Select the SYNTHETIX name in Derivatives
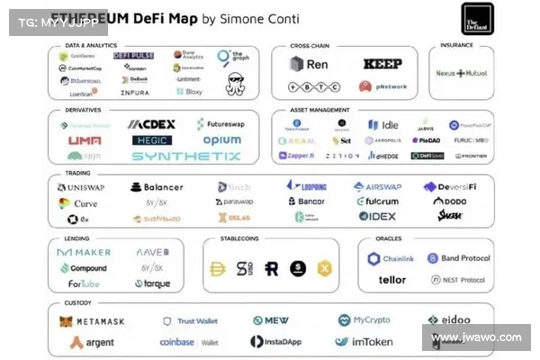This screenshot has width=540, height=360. tap(186, 156)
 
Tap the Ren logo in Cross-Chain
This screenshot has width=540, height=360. tap(309, 64)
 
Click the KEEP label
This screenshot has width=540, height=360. tap(382, 64)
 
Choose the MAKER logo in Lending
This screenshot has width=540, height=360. tap(84, 253)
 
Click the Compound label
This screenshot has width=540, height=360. tap(88, 268)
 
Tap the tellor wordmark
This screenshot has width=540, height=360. tap(391, 280)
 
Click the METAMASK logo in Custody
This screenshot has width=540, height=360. tap(92, 321)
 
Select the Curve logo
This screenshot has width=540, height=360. tap(78, 203)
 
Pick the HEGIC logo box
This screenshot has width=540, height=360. tap(151, 140)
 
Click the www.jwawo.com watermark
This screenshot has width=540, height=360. tap(475, 337)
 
